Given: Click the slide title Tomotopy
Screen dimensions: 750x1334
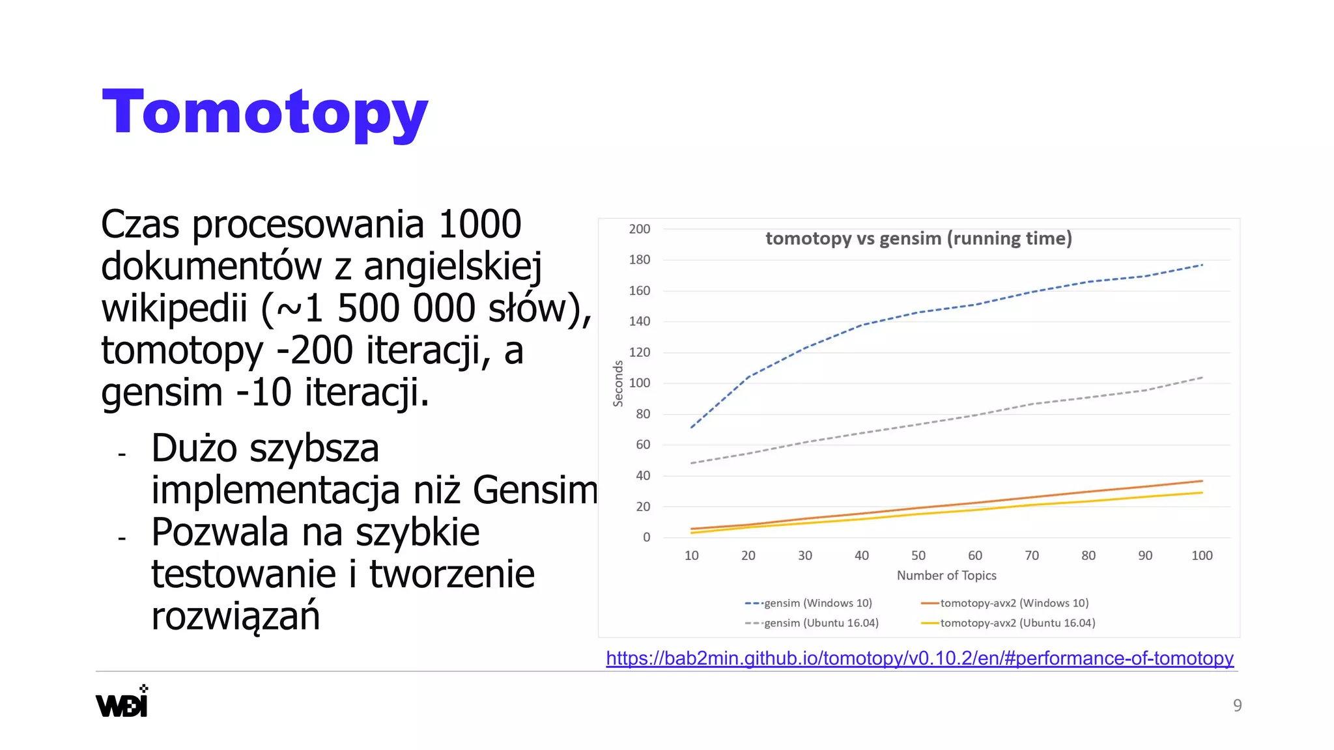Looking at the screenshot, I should point(264,113).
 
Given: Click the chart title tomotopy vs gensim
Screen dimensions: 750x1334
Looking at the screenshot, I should point(918,238).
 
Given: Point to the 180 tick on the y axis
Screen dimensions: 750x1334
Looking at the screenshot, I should point(639,260).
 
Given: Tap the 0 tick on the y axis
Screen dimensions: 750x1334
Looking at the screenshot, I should point(646,538).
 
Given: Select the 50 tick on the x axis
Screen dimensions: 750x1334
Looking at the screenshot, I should point(918,555).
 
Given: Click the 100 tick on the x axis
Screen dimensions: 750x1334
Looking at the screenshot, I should point(1202,555).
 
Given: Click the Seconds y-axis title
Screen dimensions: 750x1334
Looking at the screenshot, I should point(618,383).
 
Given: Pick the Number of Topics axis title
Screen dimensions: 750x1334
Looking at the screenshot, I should point(946,576).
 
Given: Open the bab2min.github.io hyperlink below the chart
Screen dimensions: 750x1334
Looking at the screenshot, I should point(919,658).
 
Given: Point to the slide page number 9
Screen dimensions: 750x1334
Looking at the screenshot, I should point(1237,705).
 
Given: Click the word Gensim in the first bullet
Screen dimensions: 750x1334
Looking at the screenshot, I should point(535,490).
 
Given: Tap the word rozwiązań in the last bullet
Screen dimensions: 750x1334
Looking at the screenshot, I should point(235,616).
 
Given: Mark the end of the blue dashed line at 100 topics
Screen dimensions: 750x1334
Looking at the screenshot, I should point(1202,265).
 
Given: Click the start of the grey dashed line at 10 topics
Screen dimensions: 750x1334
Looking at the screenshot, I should point(692,463).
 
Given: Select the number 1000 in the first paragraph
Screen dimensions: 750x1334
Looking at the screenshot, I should point(479,225).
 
